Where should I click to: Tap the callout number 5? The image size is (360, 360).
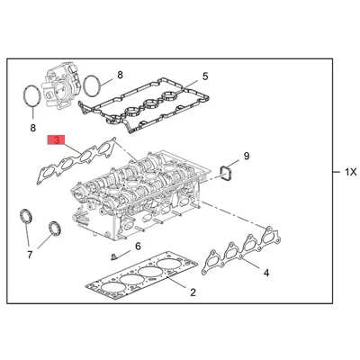click(204, 76)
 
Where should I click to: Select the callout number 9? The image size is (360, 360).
click(247, 157)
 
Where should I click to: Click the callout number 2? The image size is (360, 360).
click(192, 292)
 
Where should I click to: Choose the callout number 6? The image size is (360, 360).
click(138, 246)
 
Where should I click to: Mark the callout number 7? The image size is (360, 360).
click(29, 256)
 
